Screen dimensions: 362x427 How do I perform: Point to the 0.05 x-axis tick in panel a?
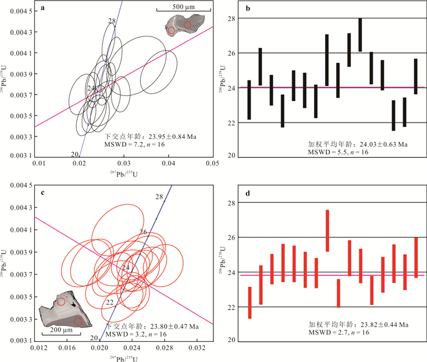(x=213, y=164)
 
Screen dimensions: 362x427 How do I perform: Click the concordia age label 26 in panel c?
(x=143, y=232)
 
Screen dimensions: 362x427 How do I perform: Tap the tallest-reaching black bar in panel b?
(x=360, y=35)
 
